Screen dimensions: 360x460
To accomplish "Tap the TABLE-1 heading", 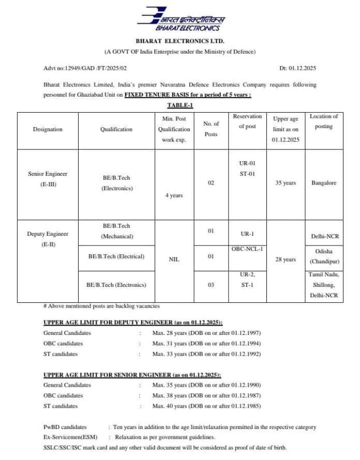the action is [x=180, y=105].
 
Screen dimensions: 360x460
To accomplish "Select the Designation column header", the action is [x=48, y=129].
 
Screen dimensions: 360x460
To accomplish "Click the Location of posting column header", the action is [x=324, y=121].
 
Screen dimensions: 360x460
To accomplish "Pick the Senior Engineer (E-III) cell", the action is [x=48, y=179].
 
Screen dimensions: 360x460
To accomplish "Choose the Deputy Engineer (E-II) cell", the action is [x=48, y=238].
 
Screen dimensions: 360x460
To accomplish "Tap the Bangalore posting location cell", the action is [x=324, y=183].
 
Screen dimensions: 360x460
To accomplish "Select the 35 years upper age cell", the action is [x=286, y=183].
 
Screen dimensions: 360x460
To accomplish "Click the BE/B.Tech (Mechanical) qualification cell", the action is [x=116, y=231].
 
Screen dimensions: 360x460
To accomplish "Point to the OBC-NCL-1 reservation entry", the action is [x=247, y=249].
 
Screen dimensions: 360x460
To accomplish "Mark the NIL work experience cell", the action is [x=174, y=259].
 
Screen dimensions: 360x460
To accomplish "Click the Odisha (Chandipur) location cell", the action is [x=324, y=256].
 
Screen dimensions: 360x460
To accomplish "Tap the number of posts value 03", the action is [x=211, y=284].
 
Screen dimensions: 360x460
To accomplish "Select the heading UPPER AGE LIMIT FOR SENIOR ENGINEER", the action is [x=134, y=375].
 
